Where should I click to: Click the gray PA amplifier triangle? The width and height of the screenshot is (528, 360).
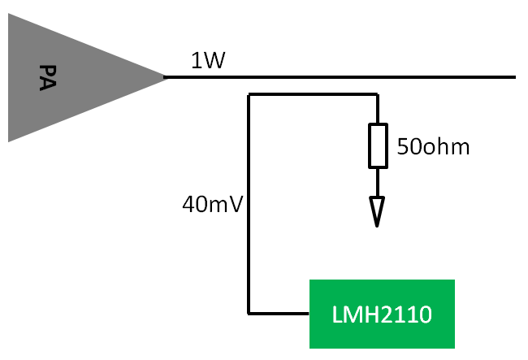[67, 77]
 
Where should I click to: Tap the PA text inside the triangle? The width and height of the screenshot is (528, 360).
[47, 77]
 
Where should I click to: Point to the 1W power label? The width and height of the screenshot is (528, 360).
[208, 61]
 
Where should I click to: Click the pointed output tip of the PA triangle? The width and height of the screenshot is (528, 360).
[166, 77]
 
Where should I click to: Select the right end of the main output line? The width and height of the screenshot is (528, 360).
[515, 77]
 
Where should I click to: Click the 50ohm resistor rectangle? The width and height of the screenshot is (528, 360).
[378, 145]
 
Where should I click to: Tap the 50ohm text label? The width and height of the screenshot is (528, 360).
[433, 147]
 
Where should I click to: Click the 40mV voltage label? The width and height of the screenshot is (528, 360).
[212, 204]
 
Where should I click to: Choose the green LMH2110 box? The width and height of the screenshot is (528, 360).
[382, 314]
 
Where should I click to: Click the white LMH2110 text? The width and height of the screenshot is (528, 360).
[382, 314]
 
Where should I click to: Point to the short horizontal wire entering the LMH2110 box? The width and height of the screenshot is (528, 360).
[279, 314]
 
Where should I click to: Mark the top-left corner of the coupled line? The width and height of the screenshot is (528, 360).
[249, 94]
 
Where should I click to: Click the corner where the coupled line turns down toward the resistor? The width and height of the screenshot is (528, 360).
[378, 94]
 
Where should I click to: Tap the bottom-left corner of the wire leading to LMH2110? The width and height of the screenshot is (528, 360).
[249, 314]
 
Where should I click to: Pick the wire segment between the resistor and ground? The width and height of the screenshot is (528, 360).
[378, 183]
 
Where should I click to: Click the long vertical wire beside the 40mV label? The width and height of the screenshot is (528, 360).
[249, 204]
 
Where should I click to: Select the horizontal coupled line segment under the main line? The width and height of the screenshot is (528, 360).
[314, 94]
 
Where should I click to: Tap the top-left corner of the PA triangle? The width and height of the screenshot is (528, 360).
[8, 14]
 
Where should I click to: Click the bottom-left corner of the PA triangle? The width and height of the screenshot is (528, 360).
[8, 141]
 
